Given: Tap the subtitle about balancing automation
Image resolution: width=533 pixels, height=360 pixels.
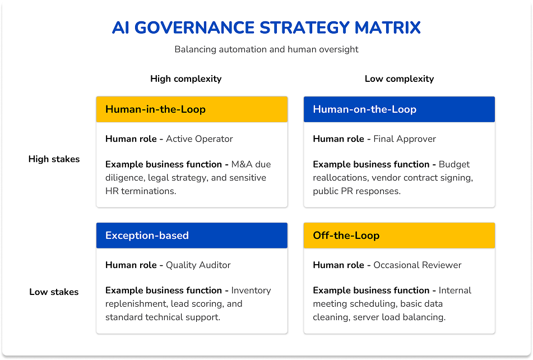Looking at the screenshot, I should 266,49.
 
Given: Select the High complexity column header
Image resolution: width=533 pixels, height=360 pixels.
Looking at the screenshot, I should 186,79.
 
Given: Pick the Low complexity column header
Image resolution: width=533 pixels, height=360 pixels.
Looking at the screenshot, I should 399,79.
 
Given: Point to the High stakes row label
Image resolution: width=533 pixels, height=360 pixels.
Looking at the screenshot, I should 54,159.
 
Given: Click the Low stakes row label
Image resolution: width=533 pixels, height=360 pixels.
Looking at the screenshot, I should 54,292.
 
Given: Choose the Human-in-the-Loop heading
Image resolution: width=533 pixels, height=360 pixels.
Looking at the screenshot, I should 155,109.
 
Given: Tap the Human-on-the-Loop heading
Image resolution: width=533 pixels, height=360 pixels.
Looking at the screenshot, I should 364,109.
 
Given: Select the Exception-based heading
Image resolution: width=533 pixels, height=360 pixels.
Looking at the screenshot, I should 147,236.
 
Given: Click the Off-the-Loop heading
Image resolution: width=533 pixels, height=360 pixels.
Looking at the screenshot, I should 346,236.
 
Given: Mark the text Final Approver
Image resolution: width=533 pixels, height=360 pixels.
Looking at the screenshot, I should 405,139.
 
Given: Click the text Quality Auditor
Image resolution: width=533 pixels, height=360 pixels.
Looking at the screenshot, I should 198,265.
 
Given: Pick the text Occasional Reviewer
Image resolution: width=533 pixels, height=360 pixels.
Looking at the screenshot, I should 418,265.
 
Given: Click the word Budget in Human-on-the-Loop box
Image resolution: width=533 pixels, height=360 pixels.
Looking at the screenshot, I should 454,164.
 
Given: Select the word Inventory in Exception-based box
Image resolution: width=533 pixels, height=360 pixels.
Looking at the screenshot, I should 251,290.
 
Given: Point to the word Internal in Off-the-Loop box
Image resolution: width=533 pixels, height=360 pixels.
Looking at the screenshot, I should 455,290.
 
